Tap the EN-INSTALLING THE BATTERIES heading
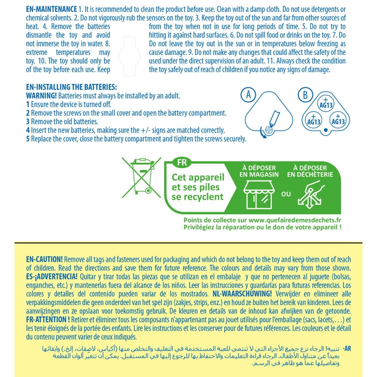tap(71, 87)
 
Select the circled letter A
tap(248, 95)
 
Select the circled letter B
tap(305, 95)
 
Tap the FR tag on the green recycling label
tap(182, 162)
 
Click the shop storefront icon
tap(259, 193)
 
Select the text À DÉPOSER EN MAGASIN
tap(259, 171)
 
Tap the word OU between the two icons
tap(286, 194)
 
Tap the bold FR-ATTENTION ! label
tap(48, 319)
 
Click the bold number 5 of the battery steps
tap(28, 138)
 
